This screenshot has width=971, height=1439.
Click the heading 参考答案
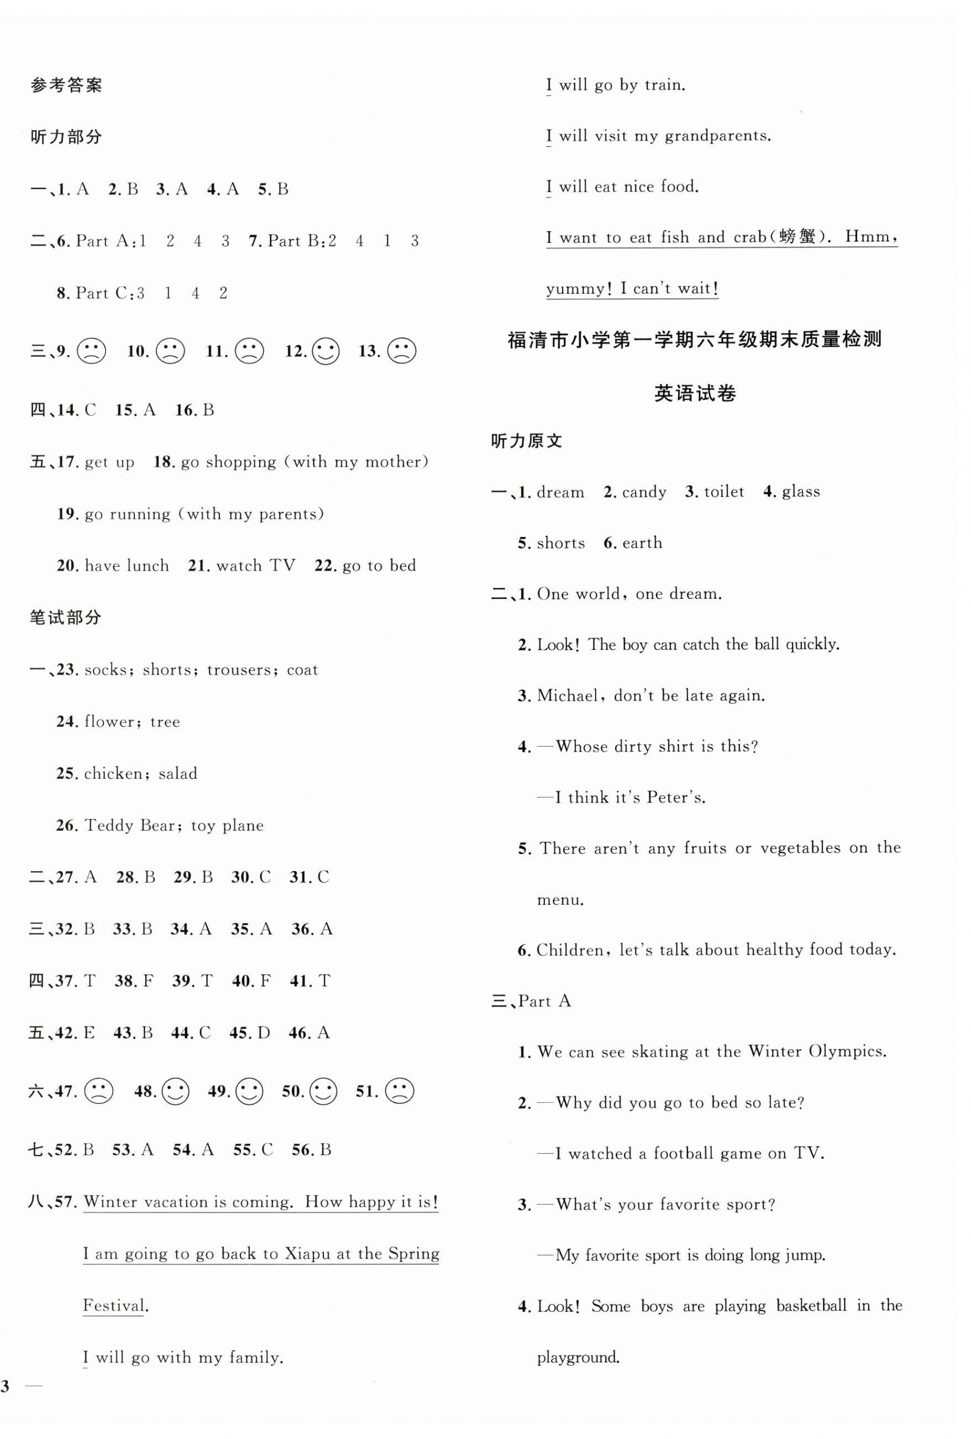(x=66, y=85)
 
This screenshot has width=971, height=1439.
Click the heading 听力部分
(x=66, y=137)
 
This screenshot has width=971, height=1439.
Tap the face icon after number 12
(x=326, y=352)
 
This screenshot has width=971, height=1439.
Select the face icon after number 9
(x=91, y=352)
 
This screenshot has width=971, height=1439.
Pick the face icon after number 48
(x=175, y=1091)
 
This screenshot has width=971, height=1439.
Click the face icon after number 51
(x=399, y=1091)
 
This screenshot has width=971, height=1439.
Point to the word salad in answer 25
(x=177, y=773)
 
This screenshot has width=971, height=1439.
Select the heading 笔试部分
(x=66, y=617)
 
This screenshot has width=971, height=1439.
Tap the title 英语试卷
(x=695, y=393)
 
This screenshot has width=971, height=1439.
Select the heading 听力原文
(x=527, y=441)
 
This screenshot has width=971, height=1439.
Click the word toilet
(x=724, y=492)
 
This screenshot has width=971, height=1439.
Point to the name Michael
(x=568, y=695)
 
